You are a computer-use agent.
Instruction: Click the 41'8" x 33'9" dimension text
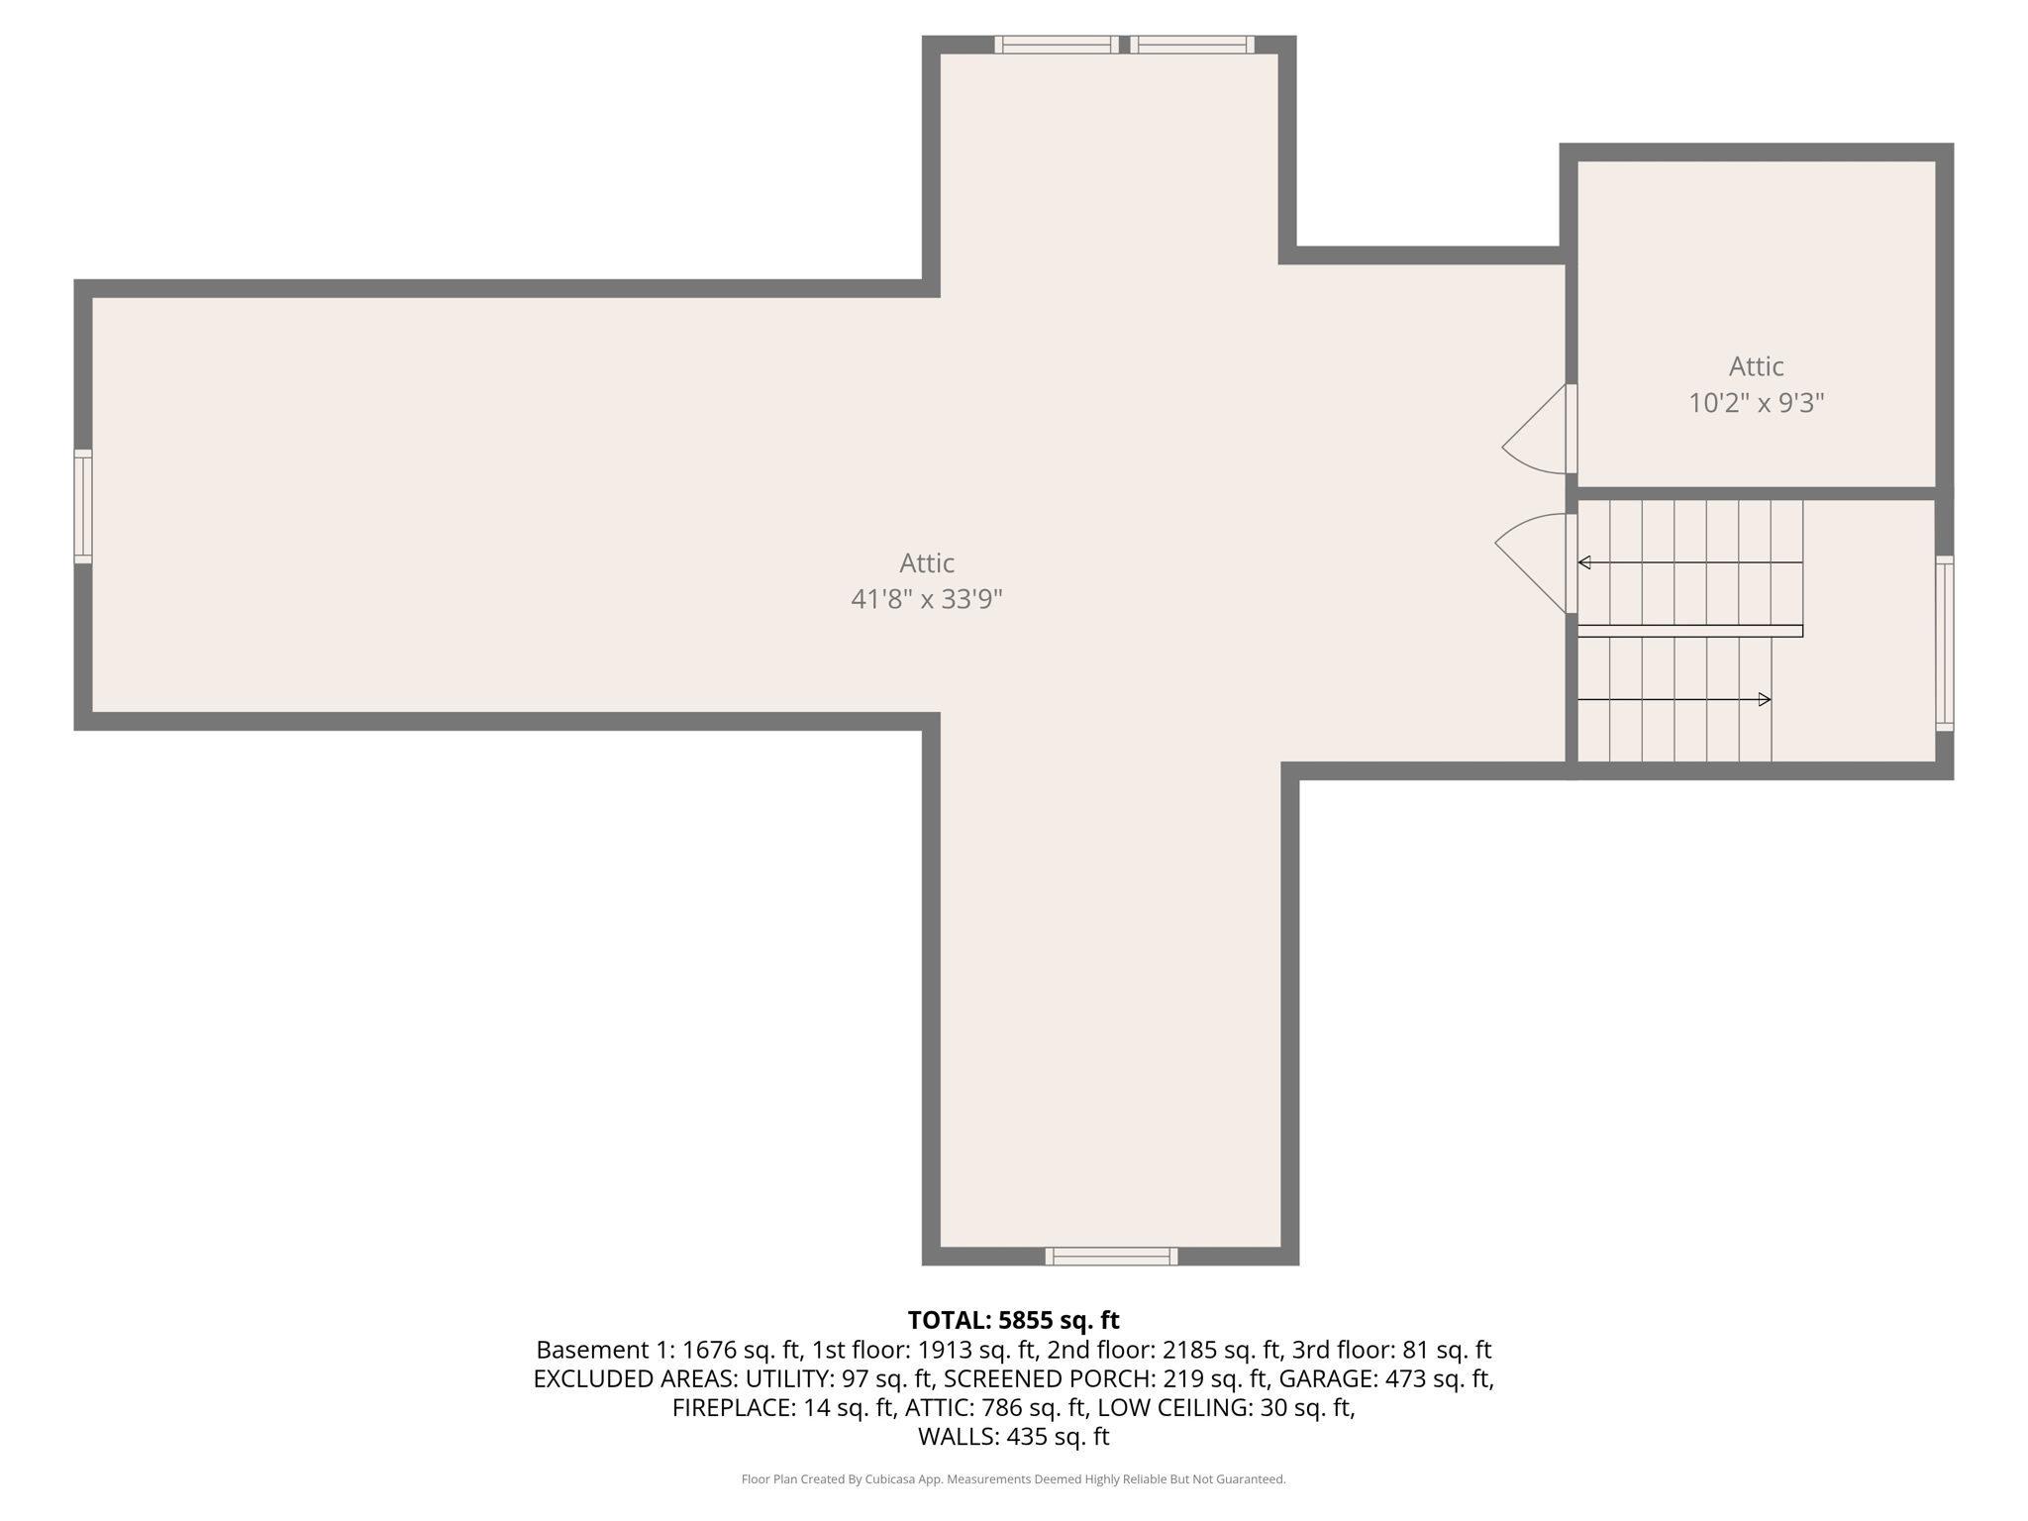click(926, 599)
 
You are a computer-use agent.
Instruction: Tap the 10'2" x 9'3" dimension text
click(1756, 403)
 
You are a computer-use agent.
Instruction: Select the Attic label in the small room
click(1756, 366)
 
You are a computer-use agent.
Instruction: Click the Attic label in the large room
click(926, 562)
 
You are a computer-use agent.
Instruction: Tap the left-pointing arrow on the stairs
click(1584, 562)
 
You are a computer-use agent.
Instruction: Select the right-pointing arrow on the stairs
click(1764, 700)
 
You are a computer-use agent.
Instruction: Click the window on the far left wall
click(83, 507)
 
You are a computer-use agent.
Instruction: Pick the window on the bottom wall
click(1111, 1257)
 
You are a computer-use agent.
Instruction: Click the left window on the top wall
click(1057, 45)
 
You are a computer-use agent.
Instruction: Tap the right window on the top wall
click(1192, 45)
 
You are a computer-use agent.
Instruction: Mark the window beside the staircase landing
click(1944, 644)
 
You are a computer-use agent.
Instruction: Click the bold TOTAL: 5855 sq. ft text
click(1013, 1320)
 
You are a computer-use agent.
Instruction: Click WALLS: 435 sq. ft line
click(1013, 1436)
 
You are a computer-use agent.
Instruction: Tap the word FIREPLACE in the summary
click(732, 1407)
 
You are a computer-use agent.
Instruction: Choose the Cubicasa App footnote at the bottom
click(1013, 1479)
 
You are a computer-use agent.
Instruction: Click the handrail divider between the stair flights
click(1689, 631)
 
